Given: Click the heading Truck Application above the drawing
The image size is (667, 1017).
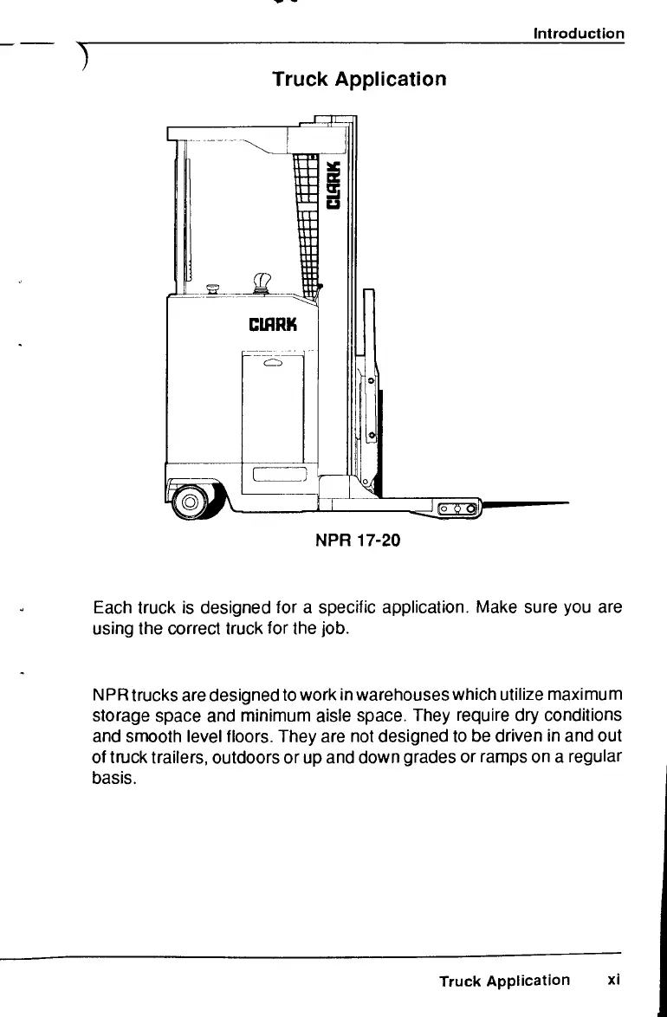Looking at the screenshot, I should coord(359,80).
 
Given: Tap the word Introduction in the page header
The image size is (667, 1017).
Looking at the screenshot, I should coord(579,34).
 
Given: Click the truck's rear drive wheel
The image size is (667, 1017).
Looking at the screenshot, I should coord(189,502).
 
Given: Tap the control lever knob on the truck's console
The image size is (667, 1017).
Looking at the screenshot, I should coord(261,281).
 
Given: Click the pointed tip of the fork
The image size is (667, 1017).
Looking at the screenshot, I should coord(563,502).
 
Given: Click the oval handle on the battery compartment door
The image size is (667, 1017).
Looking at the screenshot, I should coord(273,365).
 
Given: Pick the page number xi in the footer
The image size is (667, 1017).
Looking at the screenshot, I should coord(613,980).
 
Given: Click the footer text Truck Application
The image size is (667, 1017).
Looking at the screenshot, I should coord(504,981).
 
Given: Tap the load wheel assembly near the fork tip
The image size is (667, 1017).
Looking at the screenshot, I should coord(457,508).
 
